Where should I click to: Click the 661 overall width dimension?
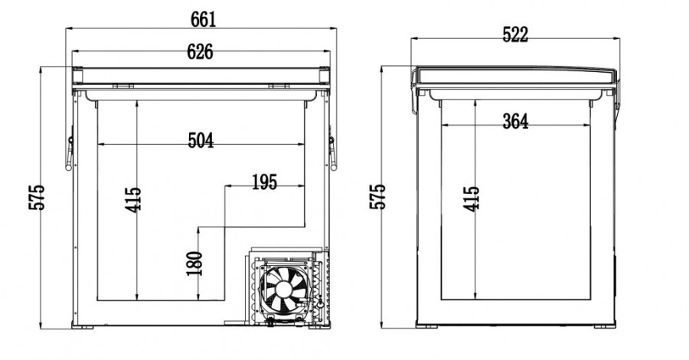point(204,19)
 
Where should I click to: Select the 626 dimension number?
point(200,52)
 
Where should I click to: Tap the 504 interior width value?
point(201,141)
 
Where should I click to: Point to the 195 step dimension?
point(265,182)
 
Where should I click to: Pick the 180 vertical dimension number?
point(194,263)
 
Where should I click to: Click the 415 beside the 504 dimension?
point(133,200)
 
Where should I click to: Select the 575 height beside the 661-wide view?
point(37,197)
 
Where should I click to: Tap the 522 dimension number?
point(515,34)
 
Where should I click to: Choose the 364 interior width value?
point(515,121)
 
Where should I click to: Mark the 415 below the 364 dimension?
point(472,198)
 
